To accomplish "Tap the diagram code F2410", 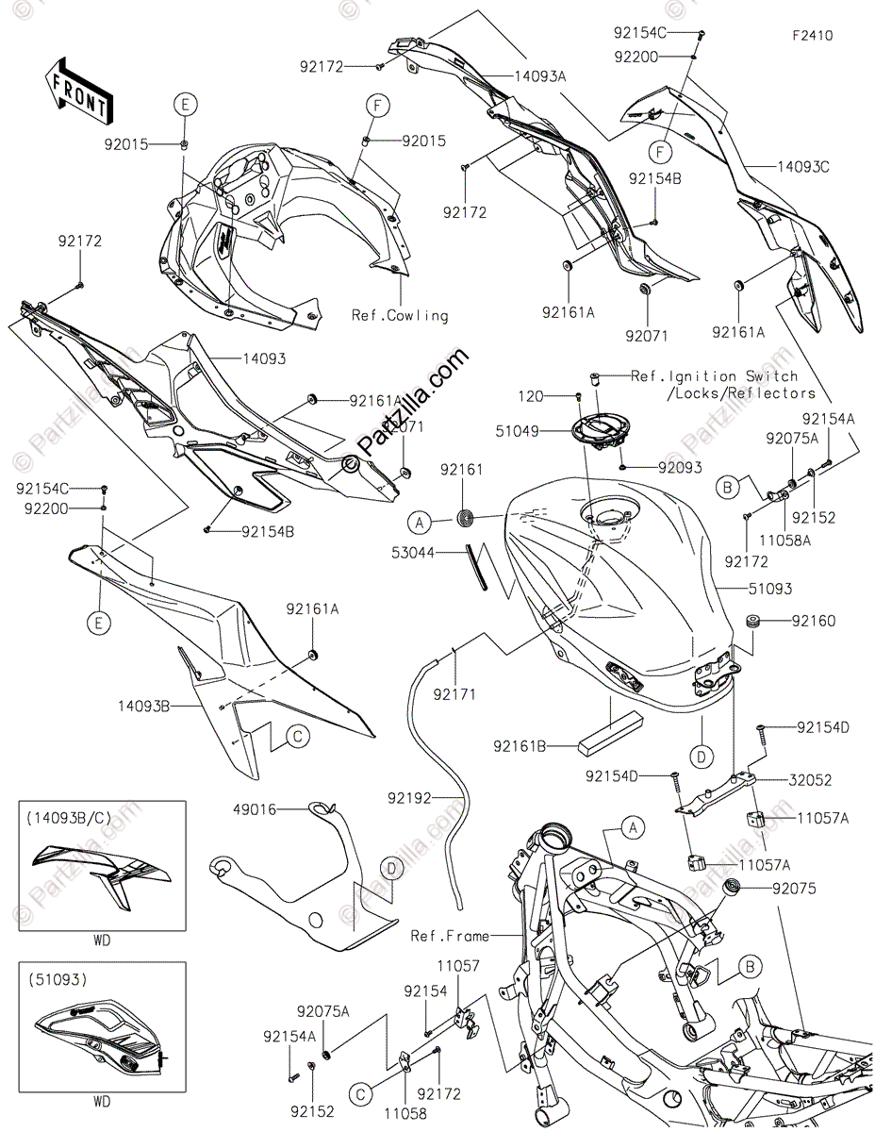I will [x=812, y=37].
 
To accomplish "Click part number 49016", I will [x=256, y=807].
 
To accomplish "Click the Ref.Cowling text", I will [x=400, y=315].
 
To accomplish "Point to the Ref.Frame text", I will [x=450, y=936].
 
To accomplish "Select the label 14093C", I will [x=802, y=168].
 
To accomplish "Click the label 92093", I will [x=680, y=466].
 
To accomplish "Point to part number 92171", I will [x=454, y=694].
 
